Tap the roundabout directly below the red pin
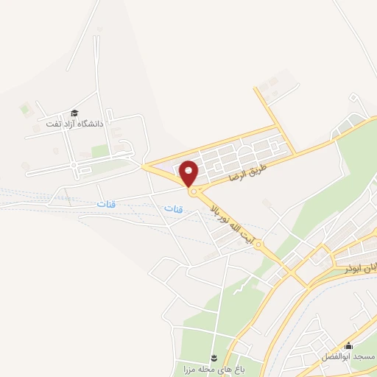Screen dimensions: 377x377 point(194,192)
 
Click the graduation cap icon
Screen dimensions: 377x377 point(74,113)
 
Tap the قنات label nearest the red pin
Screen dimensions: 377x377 point(174,209)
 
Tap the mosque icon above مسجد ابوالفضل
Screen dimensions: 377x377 point(348,345)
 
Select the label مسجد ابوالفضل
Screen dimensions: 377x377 point(348,356)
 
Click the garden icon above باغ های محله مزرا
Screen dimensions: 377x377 point(214,356)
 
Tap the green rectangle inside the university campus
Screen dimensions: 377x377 point(100,151)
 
